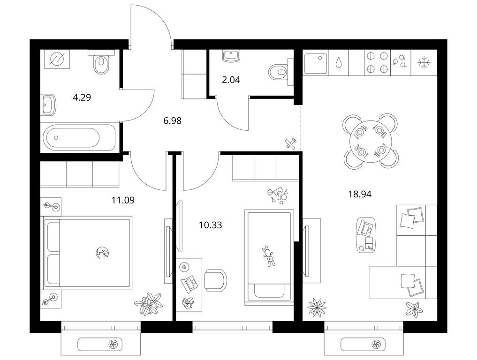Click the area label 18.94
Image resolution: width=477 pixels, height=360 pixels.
click(x=360, y=194)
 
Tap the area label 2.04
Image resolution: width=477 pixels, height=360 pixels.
click(x=231, y=80)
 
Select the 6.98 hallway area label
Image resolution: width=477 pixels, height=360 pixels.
click(x=172, y=121)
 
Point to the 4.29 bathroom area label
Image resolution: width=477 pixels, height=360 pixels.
click(x=82, y=97)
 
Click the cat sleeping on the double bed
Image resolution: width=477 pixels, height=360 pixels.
click(x=102, y=253)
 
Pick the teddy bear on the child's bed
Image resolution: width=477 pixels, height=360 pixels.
click(x=269, y=256)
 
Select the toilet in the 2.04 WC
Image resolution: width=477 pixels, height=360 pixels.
click(x=279, y=72)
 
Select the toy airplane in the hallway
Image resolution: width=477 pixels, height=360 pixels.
click(x=291, y=143)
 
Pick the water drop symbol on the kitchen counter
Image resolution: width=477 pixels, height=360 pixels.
click(x=338, y=63)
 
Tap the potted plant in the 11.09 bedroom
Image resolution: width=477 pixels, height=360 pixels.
click(x=149, y=303)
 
